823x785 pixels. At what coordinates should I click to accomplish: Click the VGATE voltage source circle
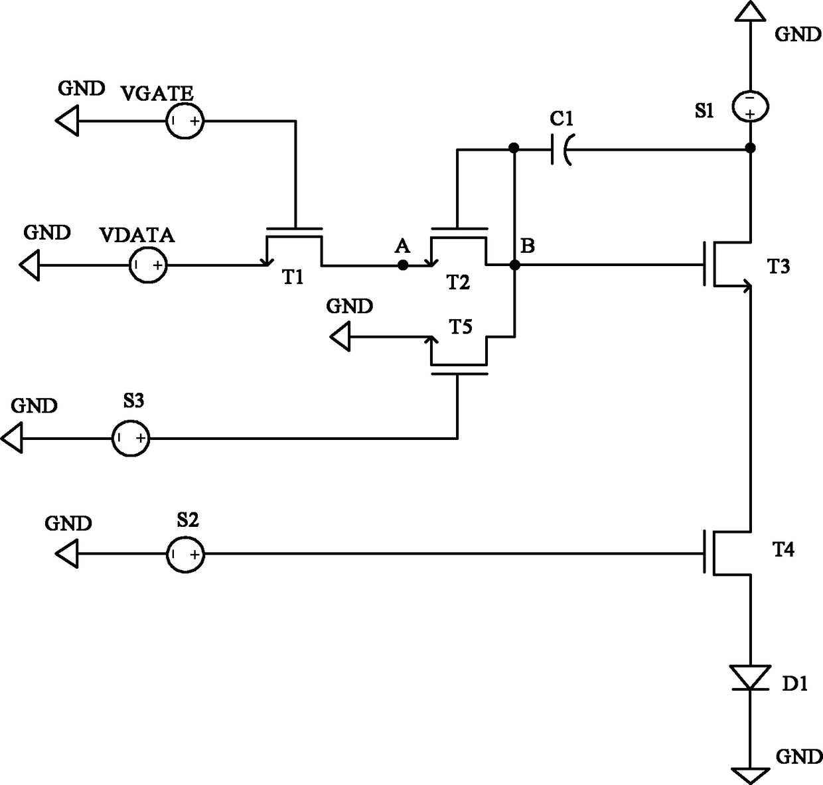click(185, 121)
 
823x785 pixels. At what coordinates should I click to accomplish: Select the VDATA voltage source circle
click(148, 265)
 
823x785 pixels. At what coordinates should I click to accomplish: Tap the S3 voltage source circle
click(131, 439)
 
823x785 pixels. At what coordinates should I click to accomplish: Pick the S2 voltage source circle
click(185, 554)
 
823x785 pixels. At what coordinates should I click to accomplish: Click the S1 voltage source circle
click(750, 107)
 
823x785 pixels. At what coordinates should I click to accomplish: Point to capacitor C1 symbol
click(561, 149)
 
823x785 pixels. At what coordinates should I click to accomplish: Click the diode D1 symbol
click(750, 678)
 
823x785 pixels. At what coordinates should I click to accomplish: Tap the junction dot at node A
click(403, 265)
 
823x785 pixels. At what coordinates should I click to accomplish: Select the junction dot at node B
click(515, 265)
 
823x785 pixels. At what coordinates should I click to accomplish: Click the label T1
click(293, 277)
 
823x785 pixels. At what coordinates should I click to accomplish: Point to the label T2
click(459, 283)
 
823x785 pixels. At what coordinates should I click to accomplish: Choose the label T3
click(779, 266)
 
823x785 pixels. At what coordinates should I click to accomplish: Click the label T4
click(783, 549)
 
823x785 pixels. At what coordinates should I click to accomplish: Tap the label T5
click(461, 326)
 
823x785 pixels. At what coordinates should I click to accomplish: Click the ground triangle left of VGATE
click(67, 121)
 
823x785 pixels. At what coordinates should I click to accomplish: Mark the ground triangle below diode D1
click(750, 776)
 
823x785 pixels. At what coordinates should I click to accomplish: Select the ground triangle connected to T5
click(340, 336)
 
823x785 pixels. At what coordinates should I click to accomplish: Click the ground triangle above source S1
click(750, 11)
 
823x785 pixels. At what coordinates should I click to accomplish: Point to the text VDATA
click(137, 236)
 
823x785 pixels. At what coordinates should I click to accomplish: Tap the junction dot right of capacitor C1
click(751, 148)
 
